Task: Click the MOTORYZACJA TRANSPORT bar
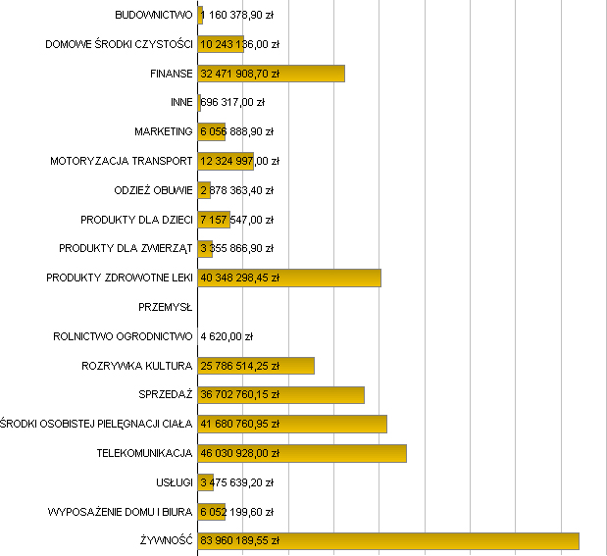click(x=226, y=161)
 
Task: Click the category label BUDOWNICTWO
click(x=154, y=16)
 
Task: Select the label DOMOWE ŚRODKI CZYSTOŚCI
click(x=120, y=45)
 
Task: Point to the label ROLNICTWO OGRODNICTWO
click(x=124, y=336)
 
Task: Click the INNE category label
click(x=181, y=103)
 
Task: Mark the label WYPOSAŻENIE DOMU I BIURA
click(x=121, y=512)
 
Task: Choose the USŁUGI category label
click(x=175, y=482)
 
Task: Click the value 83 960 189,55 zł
click(x=240, y=540)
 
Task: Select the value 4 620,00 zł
click(x=227, y=336)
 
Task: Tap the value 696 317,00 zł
click(x=232, y=103)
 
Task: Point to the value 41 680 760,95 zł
click(x=240, y=425)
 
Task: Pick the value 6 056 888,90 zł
click(x=236, y=131)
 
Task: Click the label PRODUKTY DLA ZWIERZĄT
click(x=126, y=249)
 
